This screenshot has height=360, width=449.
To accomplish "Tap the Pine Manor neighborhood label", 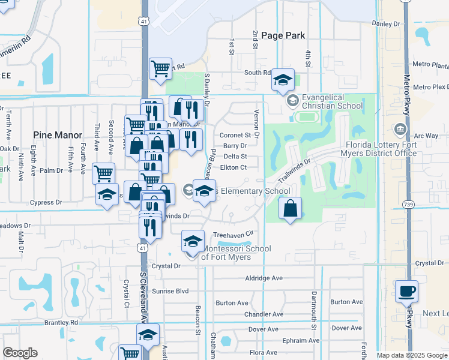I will (58, 135).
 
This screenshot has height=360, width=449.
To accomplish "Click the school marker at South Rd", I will (283, 80).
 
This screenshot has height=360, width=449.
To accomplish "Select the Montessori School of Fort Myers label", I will (235, 253).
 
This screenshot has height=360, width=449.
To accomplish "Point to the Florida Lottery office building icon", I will (400, 129).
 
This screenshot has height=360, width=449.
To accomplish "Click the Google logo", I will (20, 353).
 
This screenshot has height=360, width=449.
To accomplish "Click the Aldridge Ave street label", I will (264, 278).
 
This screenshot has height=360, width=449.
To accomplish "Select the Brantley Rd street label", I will (62, 322).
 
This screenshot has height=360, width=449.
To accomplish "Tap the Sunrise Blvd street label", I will (171, 291).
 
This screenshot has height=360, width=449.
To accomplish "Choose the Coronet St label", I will (235, 135).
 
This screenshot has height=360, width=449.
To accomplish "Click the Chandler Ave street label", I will (264, 314).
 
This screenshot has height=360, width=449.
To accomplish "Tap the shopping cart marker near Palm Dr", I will (103, 174).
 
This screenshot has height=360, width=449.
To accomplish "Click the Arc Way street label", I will (427, 136).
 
